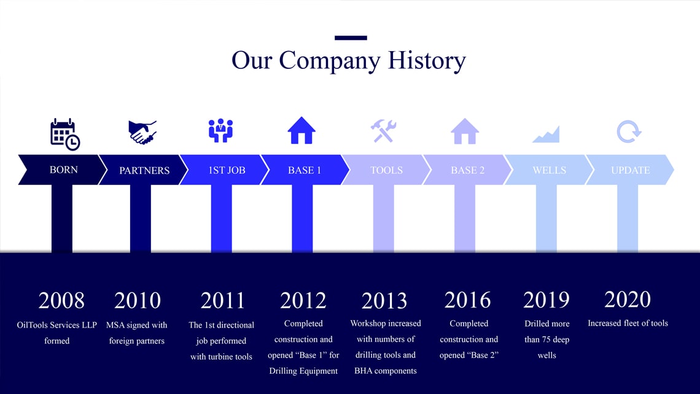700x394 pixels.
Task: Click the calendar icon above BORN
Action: click(x=64, y=134)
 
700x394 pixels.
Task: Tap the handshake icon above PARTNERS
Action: click(x=142, y=132)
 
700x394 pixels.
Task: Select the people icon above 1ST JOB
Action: click(x=220, y=130)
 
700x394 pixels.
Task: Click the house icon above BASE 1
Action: click(x=301, y=130)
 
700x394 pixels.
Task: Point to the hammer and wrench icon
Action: click(x=384, y=131)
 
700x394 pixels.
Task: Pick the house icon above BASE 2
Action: click(x=465, y=132)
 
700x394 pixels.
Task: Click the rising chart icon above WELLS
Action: click(x=546, y=135)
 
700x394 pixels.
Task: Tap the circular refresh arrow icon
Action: click(x=629, y=132)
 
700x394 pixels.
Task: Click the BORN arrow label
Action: click(x=63, y=170)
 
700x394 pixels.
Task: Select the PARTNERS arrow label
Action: click(x=144, y=170)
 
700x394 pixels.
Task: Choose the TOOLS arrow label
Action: click(x=386, y=170)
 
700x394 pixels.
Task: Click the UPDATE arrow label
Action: click(x=631, y=170)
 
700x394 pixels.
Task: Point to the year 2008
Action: click(x=61, y=300)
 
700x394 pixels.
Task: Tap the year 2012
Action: click(x=303, y=300)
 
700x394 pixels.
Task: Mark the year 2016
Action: click(x=467, y=300)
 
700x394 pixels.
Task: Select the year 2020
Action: click(x=628, y=299)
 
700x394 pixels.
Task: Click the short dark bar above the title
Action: click(x=351, y=38)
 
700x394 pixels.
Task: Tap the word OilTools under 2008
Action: click(x=32, y=325)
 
